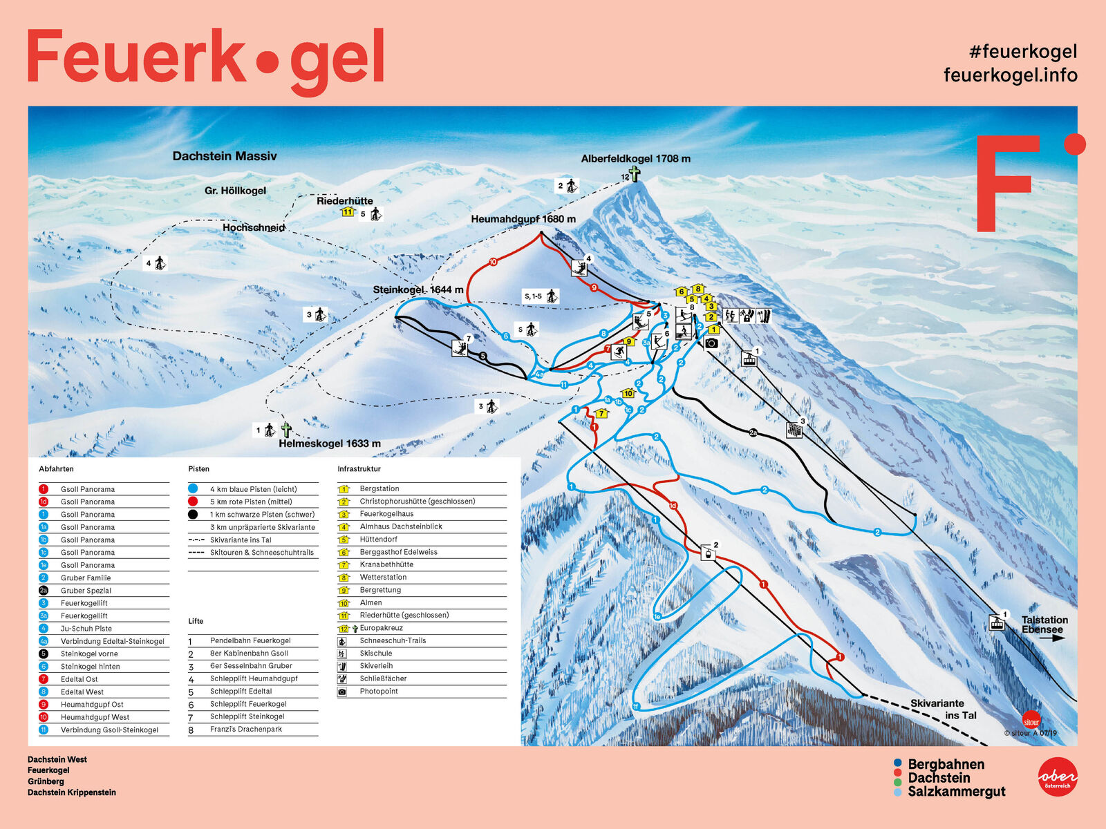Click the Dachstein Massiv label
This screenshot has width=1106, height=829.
point(225,156)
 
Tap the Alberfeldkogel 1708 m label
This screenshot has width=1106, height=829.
point(635,159)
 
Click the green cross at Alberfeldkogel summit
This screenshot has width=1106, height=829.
point(634,174)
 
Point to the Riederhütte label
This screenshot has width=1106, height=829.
point(344,201)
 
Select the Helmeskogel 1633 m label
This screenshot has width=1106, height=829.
point(330,444)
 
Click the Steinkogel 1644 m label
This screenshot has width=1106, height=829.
point(418,289)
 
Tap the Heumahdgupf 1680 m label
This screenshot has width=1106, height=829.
point(523,219)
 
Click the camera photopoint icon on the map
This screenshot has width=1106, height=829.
point(711,343)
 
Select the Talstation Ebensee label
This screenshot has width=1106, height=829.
point(1044,625)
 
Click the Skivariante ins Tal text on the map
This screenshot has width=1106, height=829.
point(943,709)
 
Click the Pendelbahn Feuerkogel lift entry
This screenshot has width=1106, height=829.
point(250,640)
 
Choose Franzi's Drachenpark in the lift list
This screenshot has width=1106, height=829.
point(246,729)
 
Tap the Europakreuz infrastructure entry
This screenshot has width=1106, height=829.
point(381,628)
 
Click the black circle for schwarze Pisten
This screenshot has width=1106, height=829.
point(193,514)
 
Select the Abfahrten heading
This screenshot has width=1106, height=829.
point(56,469)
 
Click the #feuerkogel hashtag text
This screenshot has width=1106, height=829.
point(1023,51)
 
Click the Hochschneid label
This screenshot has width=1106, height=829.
point(254,227)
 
